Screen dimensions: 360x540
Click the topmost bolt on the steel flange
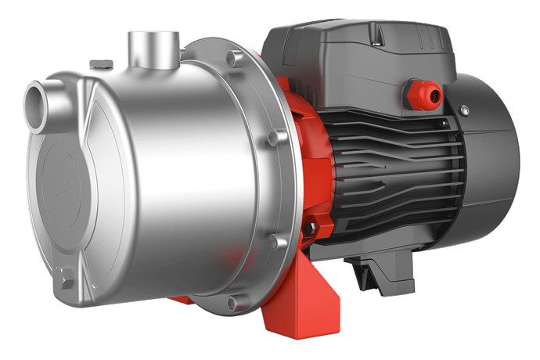[232, 57]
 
